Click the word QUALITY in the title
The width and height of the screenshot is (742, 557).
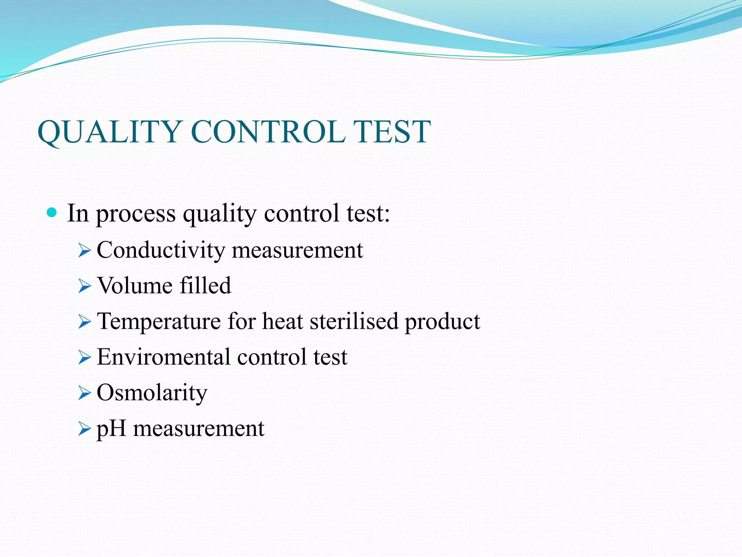coord(109,132)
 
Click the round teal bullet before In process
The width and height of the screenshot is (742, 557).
coord(52,213)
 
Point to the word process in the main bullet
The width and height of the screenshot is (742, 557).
coord(136,214)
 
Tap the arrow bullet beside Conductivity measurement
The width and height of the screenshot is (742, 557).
coord(84,251)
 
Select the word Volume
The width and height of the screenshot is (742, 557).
coord(134,285)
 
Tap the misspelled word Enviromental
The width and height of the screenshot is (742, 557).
coord(163,357)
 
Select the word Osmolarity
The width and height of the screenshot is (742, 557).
coord(152,393)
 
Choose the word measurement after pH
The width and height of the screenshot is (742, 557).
coord(199,429)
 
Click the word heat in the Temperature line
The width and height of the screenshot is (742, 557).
coord(283,321)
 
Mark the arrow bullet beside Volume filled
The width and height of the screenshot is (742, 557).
coord(84,286)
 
